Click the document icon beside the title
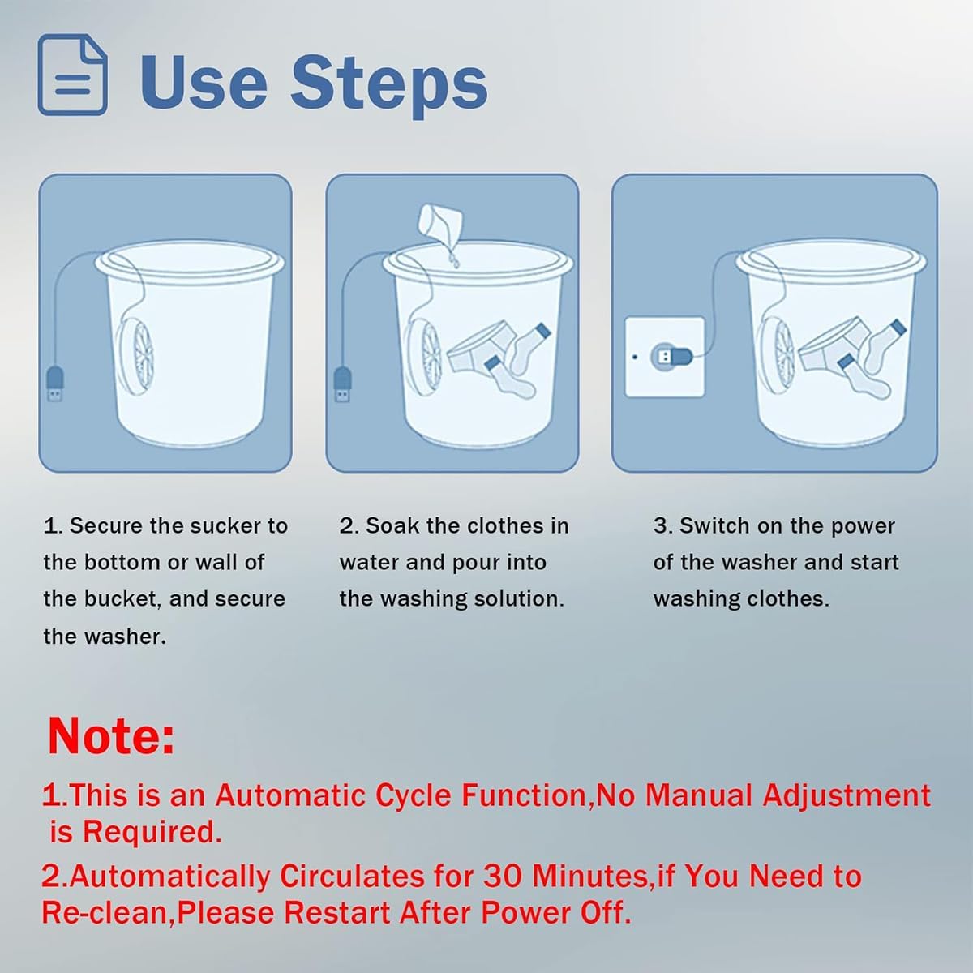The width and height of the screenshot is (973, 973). (x=73, y=75)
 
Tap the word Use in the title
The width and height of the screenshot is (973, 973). (x=203, y=81)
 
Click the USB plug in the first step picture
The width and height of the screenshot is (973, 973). (x=55, y=385)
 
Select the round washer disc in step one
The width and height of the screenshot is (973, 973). (x=135, y=353)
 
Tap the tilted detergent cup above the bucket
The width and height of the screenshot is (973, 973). (x=440, y=221)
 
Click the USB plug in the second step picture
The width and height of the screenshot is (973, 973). (x=343, y=385)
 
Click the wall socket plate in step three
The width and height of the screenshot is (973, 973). (x=665, y=357)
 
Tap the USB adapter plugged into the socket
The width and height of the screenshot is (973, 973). (x=671, y=357)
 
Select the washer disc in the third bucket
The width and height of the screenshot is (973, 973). (x=777, y=353)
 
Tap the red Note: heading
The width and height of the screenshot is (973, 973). (x=111, y=735)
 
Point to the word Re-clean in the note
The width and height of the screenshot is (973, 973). (x=104, y=913)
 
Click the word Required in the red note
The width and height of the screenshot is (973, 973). (x=152, y=832)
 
